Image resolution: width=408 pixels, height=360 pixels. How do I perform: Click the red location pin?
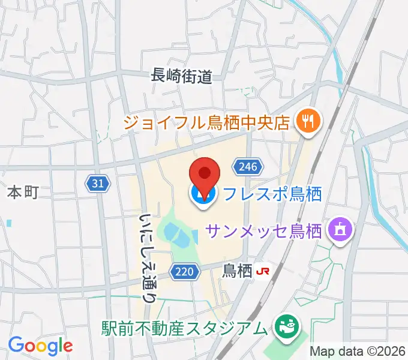tap(204, 173)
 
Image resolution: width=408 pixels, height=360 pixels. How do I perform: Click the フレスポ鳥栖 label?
tap(272, 194)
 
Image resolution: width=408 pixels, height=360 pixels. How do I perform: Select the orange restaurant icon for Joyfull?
tap(309, 122)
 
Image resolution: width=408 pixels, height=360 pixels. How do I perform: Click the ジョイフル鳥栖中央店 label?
tap(207, 122)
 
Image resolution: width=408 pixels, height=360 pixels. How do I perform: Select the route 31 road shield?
tap(98, 184)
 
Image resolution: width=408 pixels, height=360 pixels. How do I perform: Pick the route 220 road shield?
tap(184, 272)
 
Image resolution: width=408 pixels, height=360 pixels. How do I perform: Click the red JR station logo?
tap(262, 271)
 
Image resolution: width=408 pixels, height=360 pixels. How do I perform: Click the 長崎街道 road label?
tap(181, 76)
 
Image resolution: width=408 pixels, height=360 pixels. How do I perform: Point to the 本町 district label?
tap(23, 192)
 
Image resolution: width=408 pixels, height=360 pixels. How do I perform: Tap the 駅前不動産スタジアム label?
tap(184, 328)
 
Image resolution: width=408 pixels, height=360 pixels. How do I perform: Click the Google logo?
tap(40, 346)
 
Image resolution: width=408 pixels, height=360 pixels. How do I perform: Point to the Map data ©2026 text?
tap(358, 351)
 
